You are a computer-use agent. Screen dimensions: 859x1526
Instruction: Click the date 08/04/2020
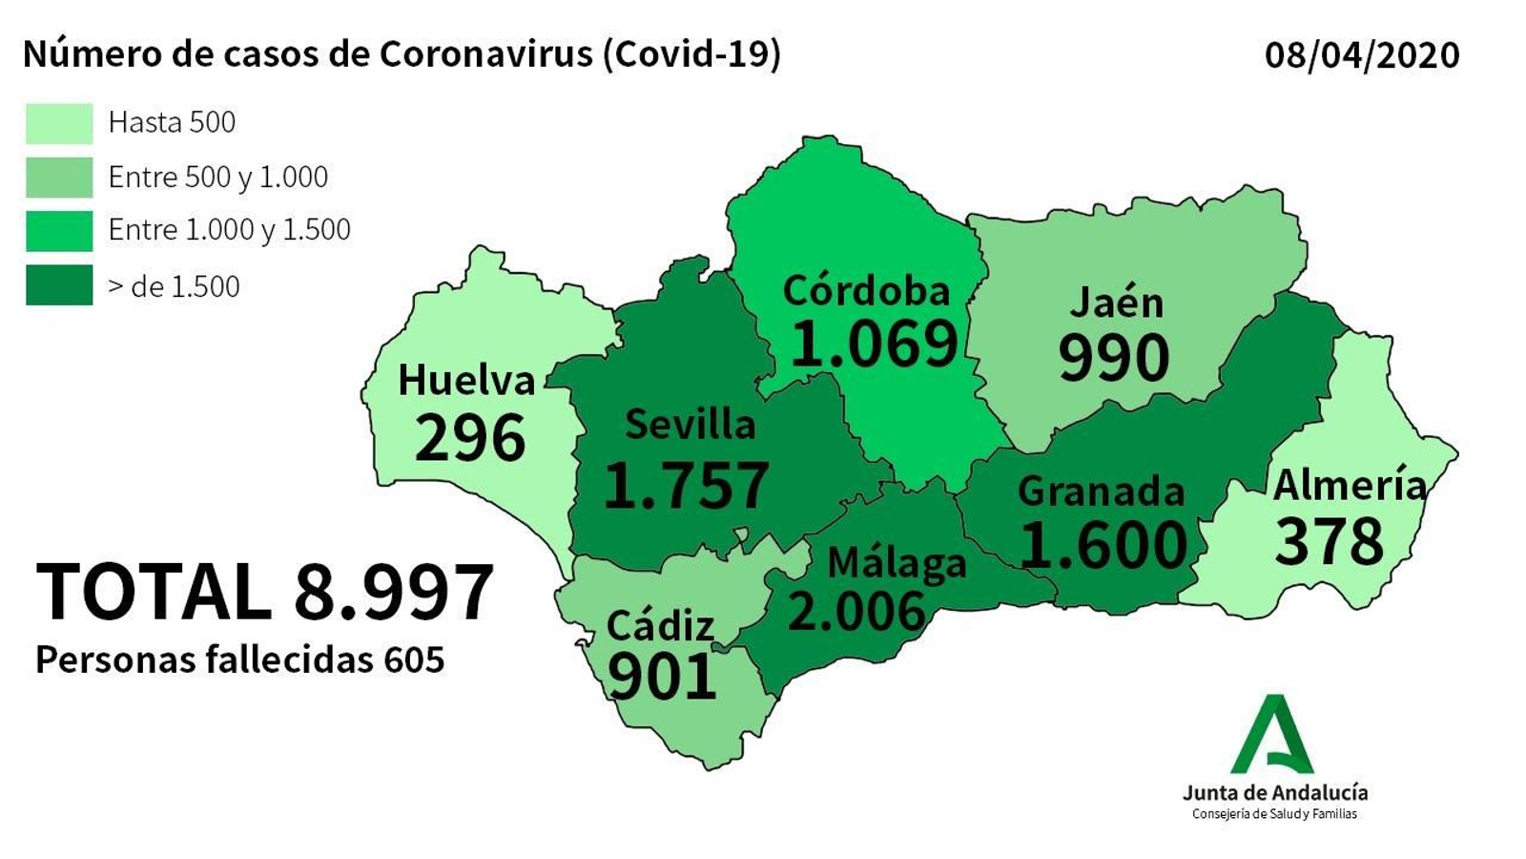tap(1361, 54)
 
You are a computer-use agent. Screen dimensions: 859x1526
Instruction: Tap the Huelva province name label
tap(466, 380)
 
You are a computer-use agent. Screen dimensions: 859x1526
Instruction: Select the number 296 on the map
tap(470, 438)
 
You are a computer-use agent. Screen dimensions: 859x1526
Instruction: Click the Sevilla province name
tap(690, 425)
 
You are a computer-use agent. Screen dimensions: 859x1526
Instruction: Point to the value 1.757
tap(687, 485)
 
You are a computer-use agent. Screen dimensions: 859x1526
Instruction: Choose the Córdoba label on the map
tap(866, 290)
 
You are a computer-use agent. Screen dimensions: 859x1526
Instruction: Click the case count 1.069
tap(874, 344)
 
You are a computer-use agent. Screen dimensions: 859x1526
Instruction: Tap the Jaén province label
tap(1116, 303)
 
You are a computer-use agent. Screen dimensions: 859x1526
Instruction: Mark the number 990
tap(1113, 358)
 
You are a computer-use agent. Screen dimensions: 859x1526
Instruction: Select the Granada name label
tap(1101, 491)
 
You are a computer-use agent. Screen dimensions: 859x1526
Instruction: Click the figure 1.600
tap(1103, 544)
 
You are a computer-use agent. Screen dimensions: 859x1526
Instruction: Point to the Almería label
tap(1350, 485)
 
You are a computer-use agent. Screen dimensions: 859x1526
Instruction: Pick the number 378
tap(1329, 541)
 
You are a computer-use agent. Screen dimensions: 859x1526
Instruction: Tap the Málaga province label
tap(897, 563)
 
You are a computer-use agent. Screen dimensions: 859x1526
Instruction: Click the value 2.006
tap(856, 611)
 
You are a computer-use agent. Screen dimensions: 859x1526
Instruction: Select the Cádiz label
tap(660, 626)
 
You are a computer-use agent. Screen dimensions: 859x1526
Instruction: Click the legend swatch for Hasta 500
tap(59, 123)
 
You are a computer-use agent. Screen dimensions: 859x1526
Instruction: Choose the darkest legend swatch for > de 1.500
tap(59, 285)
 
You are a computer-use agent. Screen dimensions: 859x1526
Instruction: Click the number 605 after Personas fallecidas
tap(415, 660)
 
